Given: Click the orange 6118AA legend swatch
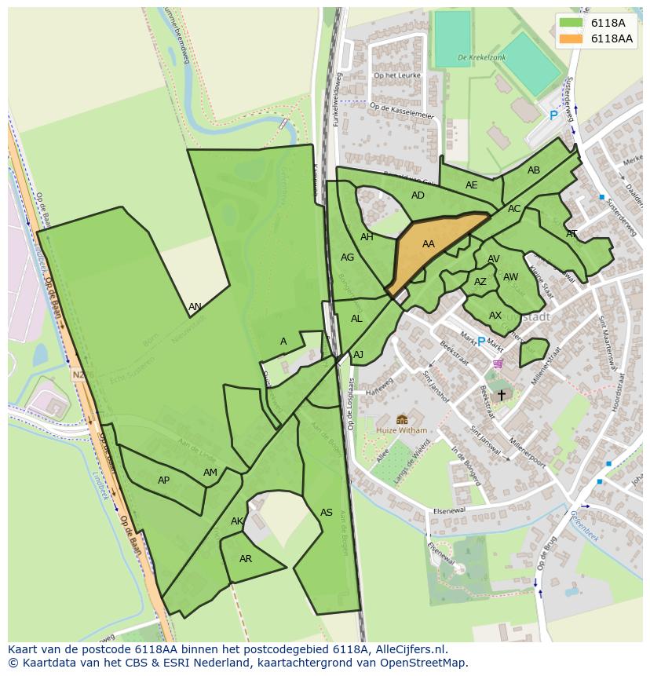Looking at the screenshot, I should pos(571,38).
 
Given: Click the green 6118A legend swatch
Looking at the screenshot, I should pos(571,23).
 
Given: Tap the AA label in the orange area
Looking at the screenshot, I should pos(428,244).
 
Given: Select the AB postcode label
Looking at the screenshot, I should pos(534,170).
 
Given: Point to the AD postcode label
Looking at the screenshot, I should pos(418,195).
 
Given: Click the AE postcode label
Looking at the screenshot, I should pos(471,185).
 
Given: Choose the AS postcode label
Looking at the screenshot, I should pos(327,513).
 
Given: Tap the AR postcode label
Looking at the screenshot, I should pos(246,559).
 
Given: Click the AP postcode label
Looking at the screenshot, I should pos(163,481).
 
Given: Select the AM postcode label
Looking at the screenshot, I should pos(210,473).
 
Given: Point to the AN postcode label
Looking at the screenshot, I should pos(195,307).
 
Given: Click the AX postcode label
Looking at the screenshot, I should pos(495,316).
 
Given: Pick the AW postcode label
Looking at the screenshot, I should pos(510,277).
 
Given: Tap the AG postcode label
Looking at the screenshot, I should pos(347,257).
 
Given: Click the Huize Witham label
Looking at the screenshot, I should pos(401,430).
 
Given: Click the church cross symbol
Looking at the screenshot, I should pos(502,395).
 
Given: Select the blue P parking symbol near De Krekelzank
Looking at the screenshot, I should pos(553,115).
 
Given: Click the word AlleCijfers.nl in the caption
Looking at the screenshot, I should pos(411,649).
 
